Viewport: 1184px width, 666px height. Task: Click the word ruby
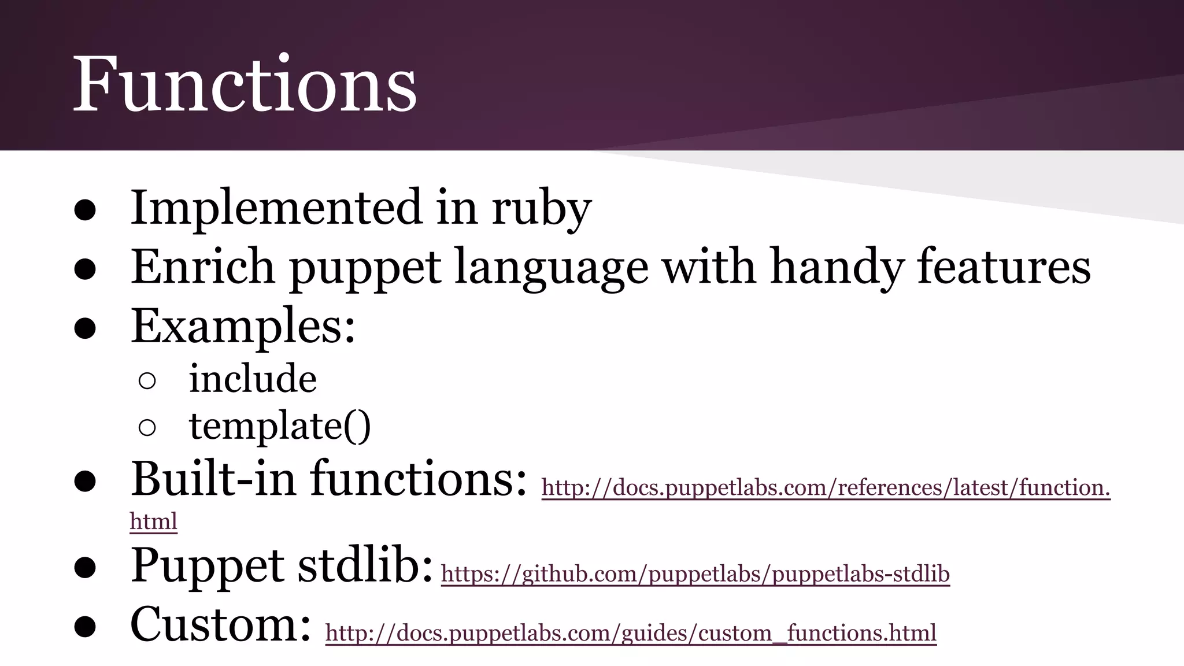pos(541,208)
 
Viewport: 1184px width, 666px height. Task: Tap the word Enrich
pos(202,267)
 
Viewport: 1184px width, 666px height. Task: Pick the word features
pos(1004,267)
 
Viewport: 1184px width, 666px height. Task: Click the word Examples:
pos(243,327)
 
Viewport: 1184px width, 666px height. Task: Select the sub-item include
pos(253,379)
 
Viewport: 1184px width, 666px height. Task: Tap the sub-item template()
pos(280,427)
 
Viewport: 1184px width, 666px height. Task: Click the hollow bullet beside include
pos(147,380)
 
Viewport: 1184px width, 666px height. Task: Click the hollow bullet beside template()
pos(147,428)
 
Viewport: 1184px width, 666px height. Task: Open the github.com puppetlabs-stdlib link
pos(695,574)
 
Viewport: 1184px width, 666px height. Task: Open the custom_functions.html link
pos(630,633)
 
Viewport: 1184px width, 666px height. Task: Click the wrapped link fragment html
pos(153,521)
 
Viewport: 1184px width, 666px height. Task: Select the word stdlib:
pos(365,565)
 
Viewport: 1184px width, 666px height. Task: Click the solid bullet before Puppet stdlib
pos(85,568)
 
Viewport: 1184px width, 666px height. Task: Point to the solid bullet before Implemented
pos(85,210)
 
